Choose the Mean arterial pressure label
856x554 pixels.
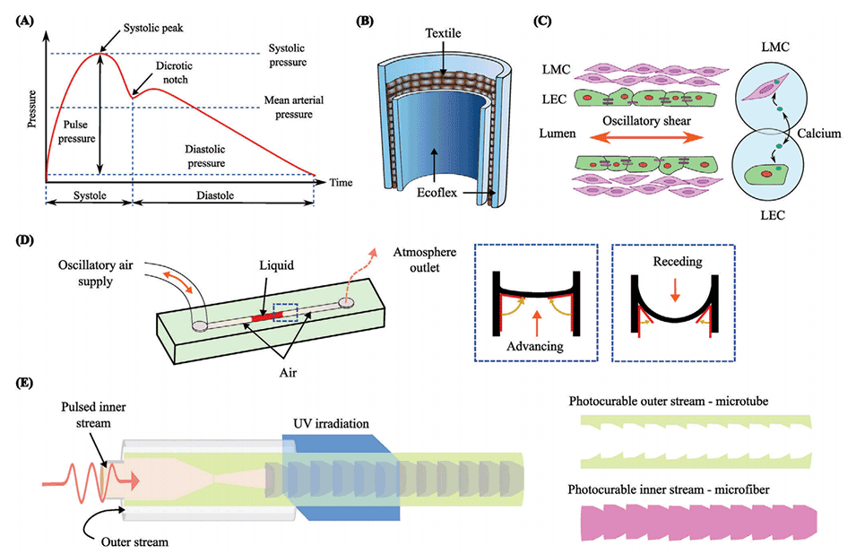point(289,107)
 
